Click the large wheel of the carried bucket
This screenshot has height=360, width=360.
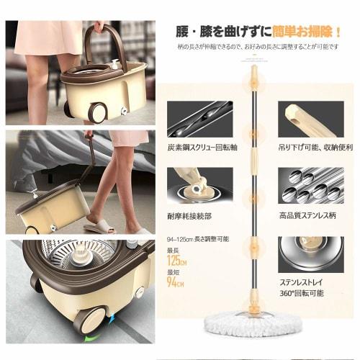click(x=96, y=112)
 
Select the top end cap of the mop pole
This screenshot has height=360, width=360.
click(x=253, y=70)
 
